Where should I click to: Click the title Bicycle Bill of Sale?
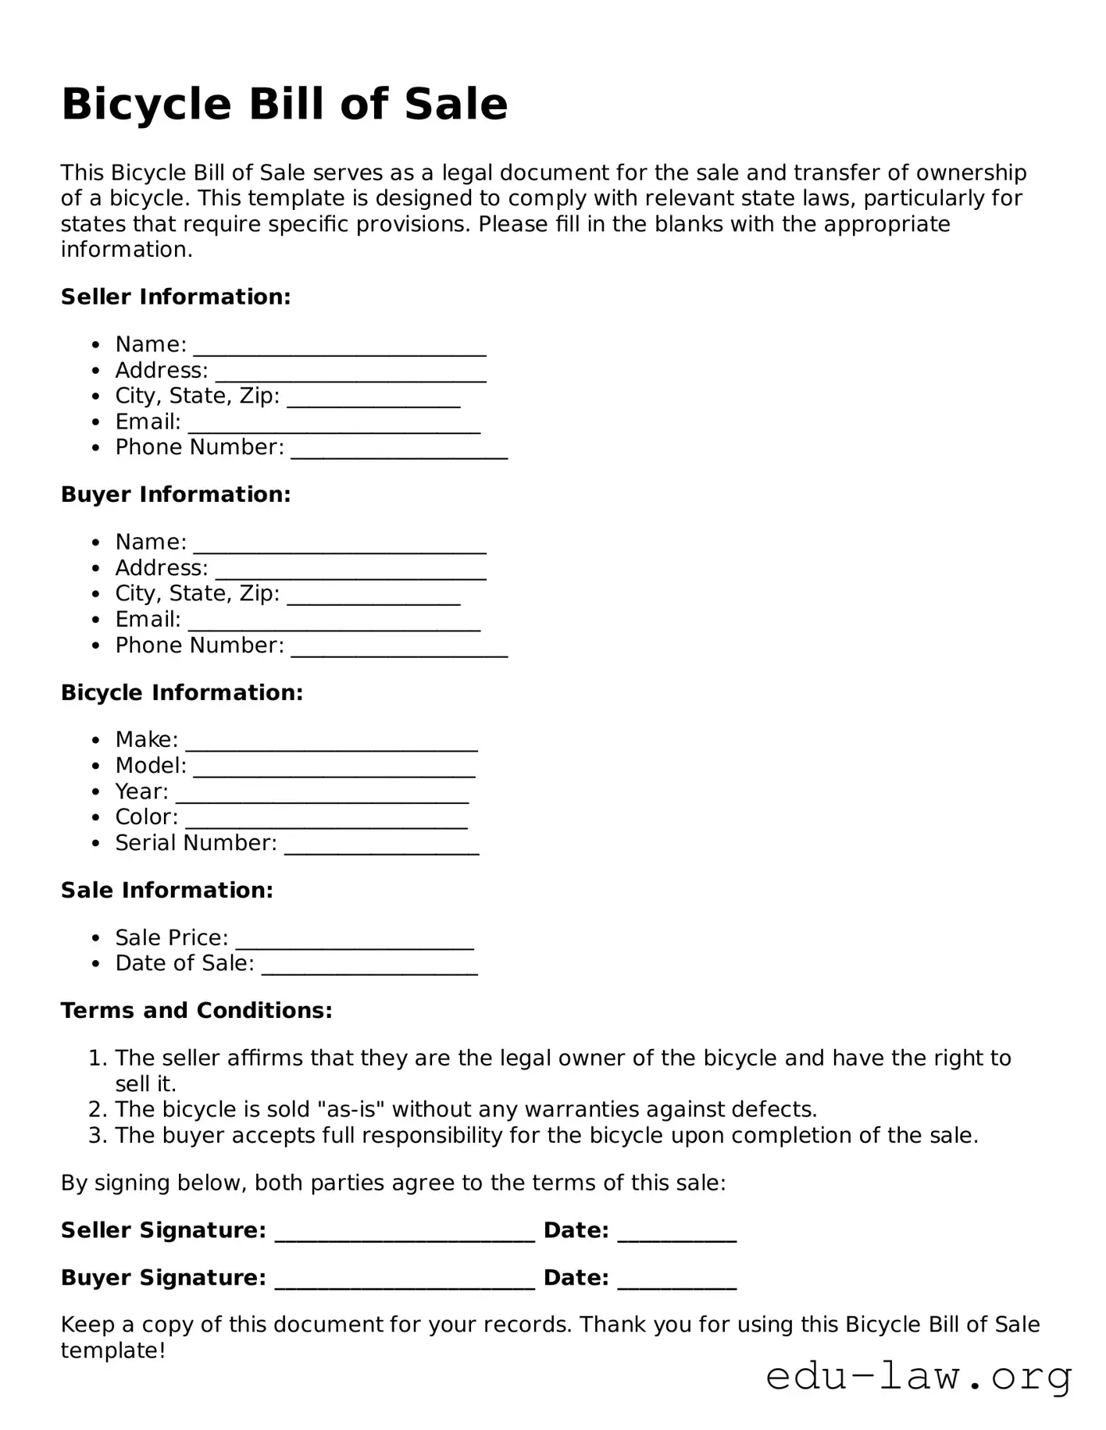point(284,104)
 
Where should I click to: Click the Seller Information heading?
point(176,297)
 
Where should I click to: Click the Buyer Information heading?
point(176,494)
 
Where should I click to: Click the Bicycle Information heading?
point(182,692)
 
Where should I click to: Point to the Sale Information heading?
point(167,890)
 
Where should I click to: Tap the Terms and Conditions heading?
point(197,1010)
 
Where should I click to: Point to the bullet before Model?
point(96,766)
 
